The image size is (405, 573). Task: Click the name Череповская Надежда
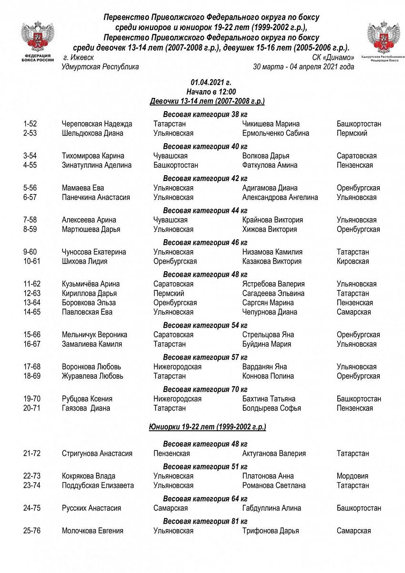click(x=97, y=124)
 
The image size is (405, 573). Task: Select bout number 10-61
click(x=31, y=261)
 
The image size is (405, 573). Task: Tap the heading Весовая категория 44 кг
click(x=205, y=211)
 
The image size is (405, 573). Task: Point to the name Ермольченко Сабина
click(x=275, y=133)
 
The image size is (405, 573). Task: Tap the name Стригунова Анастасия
click(x=97, y=454)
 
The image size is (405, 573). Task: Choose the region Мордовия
click(x=353, y=476)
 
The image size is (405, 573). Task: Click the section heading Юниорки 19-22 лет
click(x=207, y=426)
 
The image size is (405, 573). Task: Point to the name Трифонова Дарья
click(x=270, y=531)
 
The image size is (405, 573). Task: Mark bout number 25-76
click(x=31, y=531)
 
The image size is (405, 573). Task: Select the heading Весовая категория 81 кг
click(x=205, y=521)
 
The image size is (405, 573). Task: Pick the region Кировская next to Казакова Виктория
click(x=353, y=261)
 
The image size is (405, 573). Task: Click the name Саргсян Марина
click(x=268, y=303)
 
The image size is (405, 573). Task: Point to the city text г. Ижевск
click(x=78, y=57)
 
